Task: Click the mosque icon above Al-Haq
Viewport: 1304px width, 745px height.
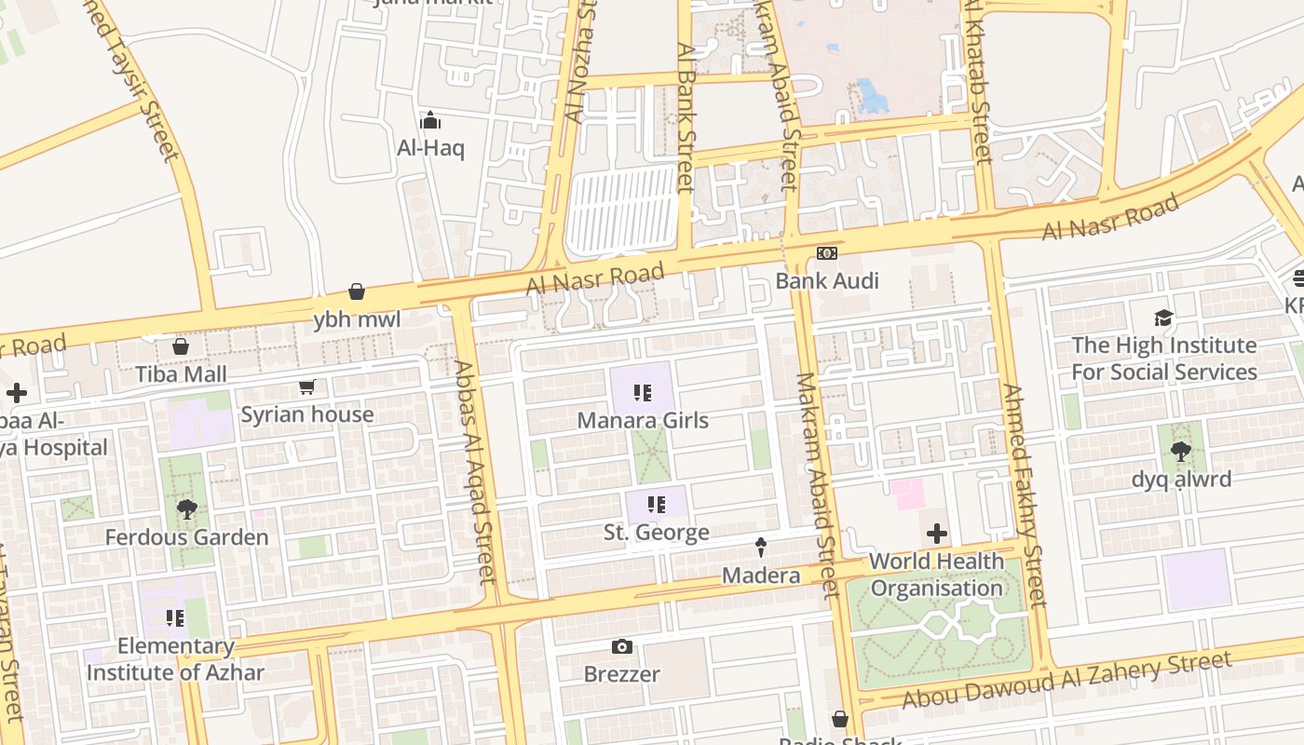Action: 429,120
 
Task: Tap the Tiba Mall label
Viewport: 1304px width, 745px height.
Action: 181,373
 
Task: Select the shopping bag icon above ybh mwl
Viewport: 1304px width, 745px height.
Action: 356,292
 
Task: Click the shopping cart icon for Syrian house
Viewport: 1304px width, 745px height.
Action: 307,386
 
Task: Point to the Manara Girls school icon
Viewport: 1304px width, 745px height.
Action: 642,393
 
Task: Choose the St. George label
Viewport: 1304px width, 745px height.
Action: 656,533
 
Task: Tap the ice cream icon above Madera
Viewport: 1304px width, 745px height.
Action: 761,547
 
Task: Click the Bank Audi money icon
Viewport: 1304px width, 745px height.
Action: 826,253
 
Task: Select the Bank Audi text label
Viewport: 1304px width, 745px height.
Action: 827,280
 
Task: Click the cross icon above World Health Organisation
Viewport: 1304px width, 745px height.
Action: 937,534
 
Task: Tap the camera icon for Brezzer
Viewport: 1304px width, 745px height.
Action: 621,646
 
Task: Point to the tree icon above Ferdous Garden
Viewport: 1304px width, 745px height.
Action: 186,509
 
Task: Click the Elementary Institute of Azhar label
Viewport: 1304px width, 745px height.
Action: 175,658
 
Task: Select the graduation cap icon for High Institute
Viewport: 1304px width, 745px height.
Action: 1163,318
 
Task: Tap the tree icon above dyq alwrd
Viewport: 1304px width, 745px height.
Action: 1181,452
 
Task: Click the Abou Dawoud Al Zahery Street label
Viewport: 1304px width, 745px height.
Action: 1067,680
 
